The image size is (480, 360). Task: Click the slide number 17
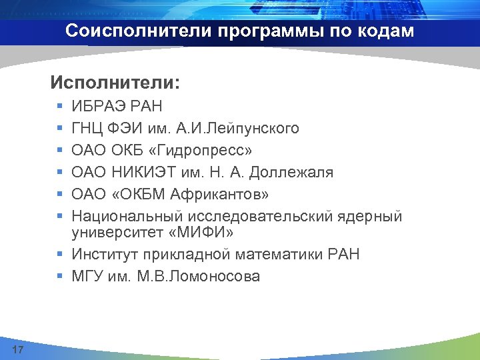[18, 350]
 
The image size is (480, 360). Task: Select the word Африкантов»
[220, 194]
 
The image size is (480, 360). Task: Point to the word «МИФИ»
[208, 232]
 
